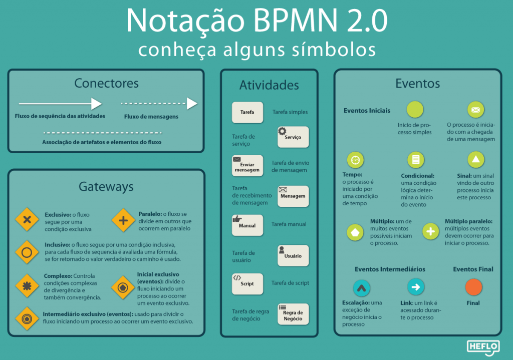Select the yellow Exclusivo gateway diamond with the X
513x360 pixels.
click(27, 220)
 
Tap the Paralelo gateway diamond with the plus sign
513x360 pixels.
click(123, 220)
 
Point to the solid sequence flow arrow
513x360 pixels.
click(60, 104)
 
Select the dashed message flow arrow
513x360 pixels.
click(159, 104)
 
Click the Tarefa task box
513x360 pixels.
click(247, 112)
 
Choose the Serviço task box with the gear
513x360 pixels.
click(293, 137)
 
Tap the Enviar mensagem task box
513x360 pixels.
click(247, 166)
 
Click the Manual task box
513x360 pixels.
click(247, 225)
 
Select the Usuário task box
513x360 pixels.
click(293, 255)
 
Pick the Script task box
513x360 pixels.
click(247, 283)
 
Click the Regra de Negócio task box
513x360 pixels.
click(293, 314)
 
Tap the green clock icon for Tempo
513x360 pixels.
click(355, 160)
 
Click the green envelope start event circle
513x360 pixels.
click(475, 110)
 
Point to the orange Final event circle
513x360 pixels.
click(473, 287)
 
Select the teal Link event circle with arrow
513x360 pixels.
click(416, 287)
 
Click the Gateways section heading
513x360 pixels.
click(106, 187)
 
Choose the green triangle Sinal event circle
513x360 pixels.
click(475, 160)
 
